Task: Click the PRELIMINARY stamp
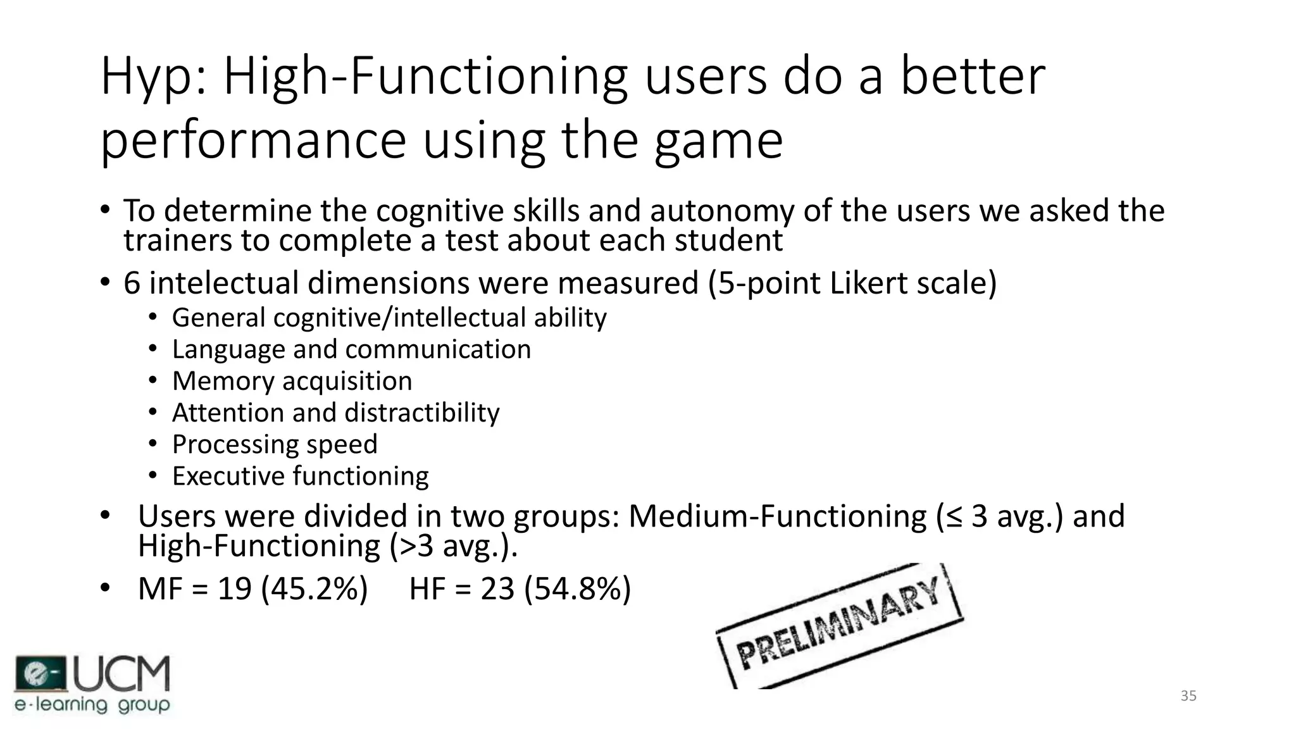point(839,624)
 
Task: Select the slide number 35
point(1188,696)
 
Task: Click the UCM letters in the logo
point(122,674)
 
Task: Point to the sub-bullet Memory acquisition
point(292,381)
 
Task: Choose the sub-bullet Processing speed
point(275,444)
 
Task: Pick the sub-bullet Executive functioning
point(300,476)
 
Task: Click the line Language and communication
point(351,349)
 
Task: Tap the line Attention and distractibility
point(335,413)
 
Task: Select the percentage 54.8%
point(578,589)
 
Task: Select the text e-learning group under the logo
point(92,705)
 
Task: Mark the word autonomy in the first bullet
point(721,211)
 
